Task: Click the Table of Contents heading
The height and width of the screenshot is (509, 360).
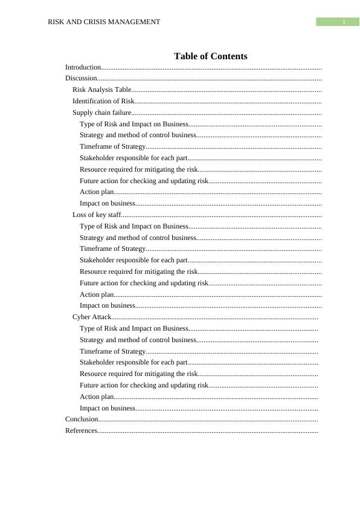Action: click(x=210, y=56)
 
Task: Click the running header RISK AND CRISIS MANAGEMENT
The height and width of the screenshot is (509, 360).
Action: click(x=104, y=22)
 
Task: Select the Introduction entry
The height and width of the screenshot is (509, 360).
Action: click(x=83, y=67)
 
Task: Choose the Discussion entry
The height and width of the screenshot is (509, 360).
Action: click(x=81, y=78)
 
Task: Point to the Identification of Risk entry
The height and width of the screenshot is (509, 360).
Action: click(x=103, y=101)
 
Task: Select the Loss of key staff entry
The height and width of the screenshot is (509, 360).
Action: click(x=97, y=215)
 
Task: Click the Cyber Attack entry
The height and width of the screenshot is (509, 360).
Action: click(x=92, y=317)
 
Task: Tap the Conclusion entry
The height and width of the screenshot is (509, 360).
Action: click(x=82, y=419)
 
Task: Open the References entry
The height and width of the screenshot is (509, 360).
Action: click(x=81, y=430)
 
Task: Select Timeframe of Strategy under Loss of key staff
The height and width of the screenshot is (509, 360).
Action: click(x=112, y=248)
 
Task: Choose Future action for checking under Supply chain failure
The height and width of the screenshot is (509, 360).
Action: click(x=144, y=181)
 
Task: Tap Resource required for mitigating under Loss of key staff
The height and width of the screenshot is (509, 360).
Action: click(x=139, y=271)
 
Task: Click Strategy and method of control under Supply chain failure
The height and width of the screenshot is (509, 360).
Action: click(x=138, y=135)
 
